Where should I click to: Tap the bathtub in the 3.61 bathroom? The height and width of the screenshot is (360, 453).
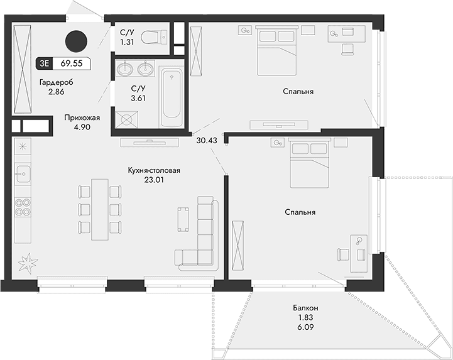pos(172,97)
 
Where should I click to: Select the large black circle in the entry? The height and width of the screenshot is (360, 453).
pos(76,41)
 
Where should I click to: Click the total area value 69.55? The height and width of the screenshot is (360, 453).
pos(72,63)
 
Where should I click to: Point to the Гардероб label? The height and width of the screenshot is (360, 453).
pos(57,82)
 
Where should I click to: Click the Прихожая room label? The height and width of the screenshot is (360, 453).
pos(82,117)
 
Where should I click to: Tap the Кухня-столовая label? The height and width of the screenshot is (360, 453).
pos(155,170)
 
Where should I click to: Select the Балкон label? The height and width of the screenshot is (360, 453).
pos(305,308)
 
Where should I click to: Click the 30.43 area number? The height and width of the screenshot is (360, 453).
pos(207,140)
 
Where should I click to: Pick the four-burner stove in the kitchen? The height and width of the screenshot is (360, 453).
pos(23,207)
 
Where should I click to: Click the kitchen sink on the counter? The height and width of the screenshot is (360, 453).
pos(23,173)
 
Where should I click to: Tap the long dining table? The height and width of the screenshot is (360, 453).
pos(100,209)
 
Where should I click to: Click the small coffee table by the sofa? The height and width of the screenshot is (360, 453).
pos(183,219)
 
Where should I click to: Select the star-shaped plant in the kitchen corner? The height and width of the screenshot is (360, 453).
pos(28,262)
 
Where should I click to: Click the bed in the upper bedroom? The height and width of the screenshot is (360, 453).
pos(277,50)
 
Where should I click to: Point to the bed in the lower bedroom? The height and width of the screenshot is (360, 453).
pos(309,163)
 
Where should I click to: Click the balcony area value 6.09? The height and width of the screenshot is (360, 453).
pos(306,327)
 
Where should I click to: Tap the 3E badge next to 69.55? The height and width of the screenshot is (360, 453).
pos(44,63)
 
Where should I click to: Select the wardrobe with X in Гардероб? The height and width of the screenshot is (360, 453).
pos(22,69)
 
